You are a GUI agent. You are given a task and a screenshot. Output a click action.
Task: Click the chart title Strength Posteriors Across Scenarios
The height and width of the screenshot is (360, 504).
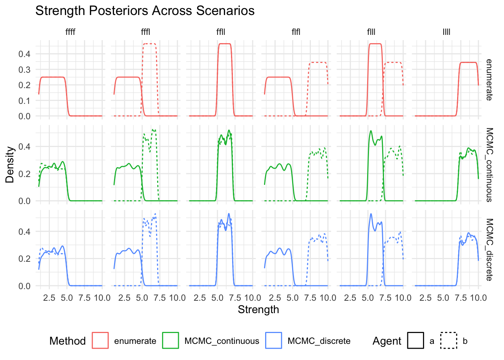tap(145, 11)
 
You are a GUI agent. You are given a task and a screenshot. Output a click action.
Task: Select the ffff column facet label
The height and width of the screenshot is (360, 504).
tap(70, 32)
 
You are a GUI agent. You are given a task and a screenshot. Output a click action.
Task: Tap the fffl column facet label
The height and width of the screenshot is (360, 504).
tap(145, 32)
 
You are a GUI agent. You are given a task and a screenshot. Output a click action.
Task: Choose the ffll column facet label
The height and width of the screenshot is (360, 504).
tap(221, 32)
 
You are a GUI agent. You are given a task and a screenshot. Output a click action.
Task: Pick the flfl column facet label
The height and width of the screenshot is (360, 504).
tap(296, 32)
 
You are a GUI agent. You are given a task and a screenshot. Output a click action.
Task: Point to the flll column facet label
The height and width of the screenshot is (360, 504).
tap(371, 32)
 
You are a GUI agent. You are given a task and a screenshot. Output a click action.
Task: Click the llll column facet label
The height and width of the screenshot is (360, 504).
tap(446, 32)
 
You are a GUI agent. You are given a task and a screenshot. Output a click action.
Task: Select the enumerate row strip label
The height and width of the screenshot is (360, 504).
tap(489, 80)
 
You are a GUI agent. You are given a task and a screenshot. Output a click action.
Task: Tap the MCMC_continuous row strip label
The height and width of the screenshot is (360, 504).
tap(489, 165)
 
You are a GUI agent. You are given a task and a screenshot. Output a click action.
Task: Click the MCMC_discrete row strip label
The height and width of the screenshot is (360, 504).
tap(489, 250)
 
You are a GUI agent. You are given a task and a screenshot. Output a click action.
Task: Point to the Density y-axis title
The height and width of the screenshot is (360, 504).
tap(10, 165)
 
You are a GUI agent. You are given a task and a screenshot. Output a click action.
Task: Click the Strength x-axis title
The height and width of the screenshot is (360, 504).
tap(258, 310)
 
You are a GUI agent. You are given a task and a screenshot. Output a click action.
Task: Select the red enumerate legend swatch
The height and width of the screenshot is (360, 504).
tap(100, 340)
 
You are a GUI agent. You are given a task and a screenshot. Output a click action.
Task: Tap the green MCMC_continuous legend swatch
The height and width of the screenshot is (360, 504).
tap(171, 340)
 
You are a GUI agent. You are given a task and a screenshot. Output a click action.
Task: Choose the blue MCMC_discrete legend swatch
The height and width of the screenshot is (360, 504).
tap(274, 340)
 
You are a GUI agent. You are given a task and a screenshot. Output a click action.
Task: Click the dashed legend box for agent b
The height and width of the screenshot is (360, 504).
tap(449, 340)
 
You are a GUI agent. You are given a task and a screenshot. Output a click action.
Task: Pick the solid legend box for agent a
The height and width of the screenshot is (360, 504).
tap(415, 340)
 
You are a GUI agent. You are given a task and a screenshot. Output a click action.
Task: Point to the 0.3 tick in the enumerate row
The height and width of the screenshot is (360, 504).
tap(24, 69)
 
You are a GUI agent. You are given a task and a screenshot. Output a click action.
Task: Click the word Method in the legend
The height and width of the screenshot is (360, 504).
tap(67, 341)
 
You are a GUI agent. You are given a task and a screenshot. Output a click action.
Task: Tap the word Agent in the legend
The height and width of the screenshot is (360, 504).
tap(387, 341)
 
